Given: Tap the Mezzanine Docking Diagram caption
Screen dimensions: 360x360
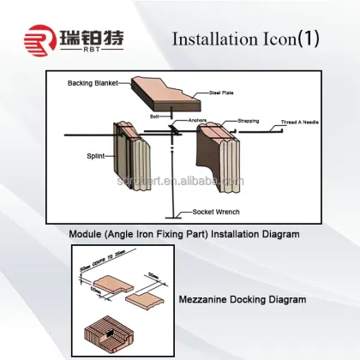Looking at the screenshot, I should coord(244,300).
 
